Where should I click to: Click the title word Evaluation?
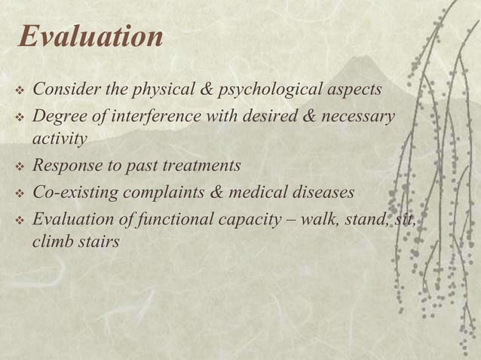[x=90, y=37]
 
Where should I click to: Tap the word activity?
[x=60, y=139]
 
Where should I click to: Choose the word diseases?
[x=320, y=192]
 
